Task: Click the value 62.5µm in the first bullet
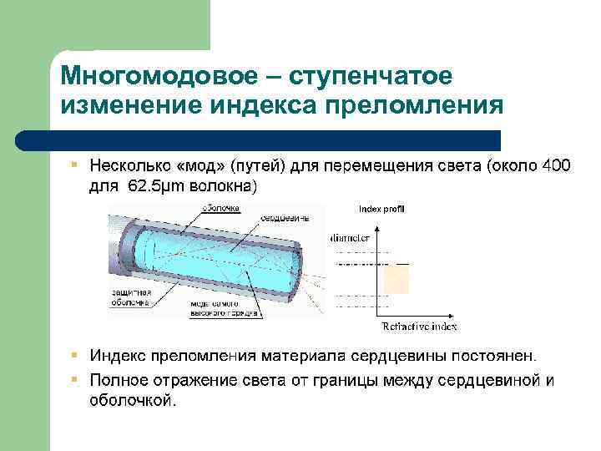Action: coord(159,185)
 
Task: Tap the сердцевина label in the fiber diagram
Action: coord(284,218)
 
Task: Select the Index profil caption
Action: coord(381,208)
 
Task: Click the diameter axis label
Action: coord(350,238)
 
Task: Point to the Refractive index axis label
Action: coord(419,326)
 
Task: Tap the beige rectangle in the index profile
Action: coord(396,279)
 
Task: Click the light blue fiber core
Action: coord(217,259)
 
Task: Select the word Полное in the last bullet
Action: coord(115,381)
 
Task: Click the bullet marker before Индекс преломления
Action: coord(74,357)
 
